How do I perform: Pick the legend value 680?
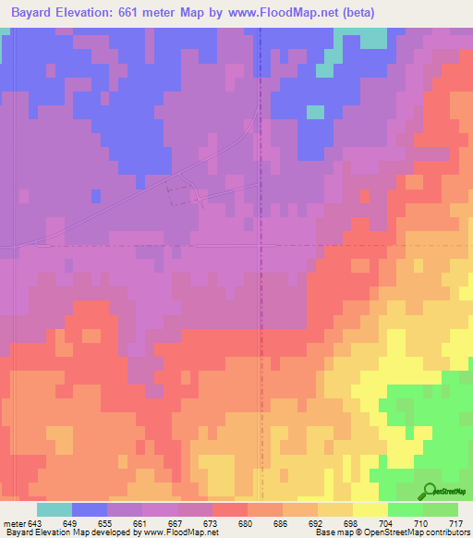click(247, 523)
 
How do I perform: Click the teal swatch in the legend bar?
click(55, 509)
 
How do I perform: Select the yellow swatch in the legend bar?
click(370, 509)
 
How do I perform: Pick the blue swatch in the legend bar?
click(90, 509)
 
